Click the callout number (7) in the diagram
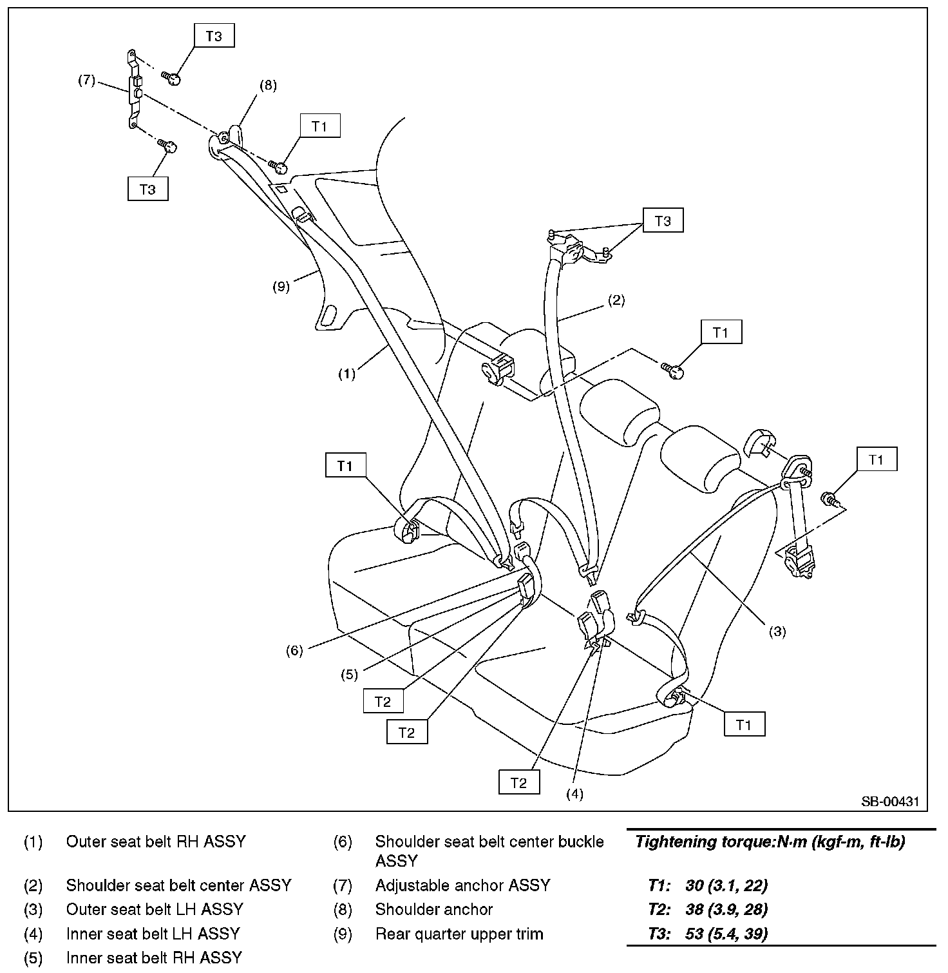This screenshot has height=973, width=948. point(86,81)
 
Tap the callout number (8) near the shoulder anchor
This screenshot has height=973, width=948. point(268,86)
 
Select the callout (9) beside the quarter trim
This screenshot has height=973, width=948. point(281,287)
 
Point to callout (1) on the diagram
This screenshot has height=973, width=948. point(347,374)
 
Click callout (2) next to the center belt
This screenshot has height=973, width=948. point(616,300)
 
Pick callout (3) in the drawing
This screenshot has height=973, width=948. point(777,631)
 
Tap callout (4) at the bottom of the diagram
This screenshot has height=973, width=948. point(574,795)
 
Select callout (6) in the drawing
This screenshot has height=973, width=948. point(294,651)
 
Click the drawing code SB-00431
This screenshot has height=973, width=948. point(891,802)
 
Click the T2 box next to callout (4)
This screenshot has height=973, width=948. point(518,783)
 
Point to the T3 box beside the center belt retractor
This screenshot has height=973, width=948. point(663,221)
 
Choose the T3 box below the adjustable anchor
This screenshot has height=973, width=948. point(147,189)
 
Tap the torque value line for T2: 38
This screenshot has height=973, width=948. point(708,909)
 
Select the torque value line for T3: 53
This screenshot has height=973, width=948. point(708,934)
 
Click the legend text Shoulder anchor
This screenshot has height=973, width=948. point(433,909)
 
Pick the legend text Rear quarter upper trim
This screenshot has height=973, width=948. point(459,934)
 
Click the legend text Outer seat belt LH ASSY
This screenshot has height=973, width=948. point(155,909)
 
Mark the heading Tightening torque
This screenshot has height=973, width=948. point(770,842)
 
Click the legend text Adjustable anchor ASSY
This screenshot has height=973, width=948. point(462,885)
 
